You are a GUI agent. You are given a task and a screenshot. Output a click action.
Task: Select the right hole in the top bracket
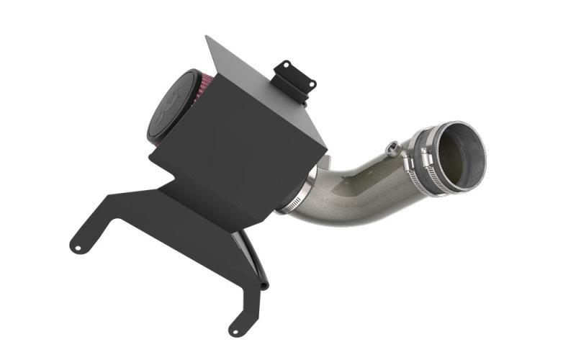(311, 84)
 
